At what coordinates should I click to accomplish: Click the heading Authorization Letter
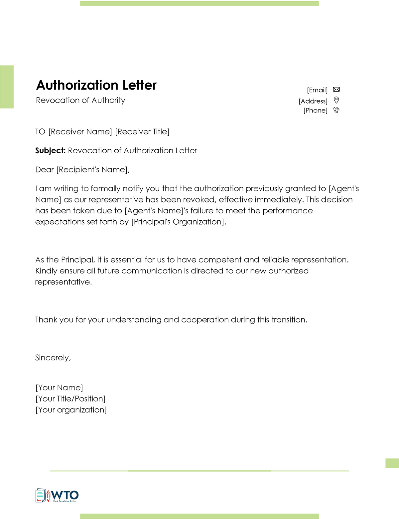click(96, 85)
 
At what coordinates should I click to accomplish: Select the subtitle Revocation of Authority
click(80, 100)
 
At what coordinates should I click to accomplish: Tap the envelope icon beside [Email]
click(336, 90)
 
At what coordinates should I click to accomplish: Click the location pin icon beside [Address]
click(336, 100)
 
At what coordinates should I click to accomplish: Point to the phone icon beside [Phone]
click(336, 110)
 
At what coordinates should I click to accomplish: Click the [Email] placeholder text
click(317, 90)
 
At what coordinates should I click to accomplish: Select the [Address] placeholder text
click(313, 101)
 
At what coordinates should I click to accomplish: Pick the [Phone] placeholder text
click(315, 111)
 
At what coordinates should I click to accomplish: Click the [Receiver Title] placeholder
click(142, 132)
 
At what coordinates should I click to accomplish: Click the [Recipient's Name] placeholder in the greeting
click(92, 170)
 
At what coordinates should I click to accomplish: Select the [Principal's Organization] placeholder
click(178, 222)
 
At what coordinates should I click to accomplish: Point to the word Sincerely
click(52, 358)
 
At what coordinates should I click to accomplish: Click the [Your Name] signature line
click(59, 388)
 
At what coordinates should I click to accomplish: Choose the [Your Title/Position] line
click(70, 399)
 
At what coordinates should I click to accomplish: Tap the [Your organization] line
click(71, 410)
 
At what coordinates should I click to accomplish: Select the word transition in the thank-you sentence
click(289, 320)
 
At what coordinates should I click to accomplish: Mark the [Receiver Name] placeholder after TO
click(80, 132)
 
